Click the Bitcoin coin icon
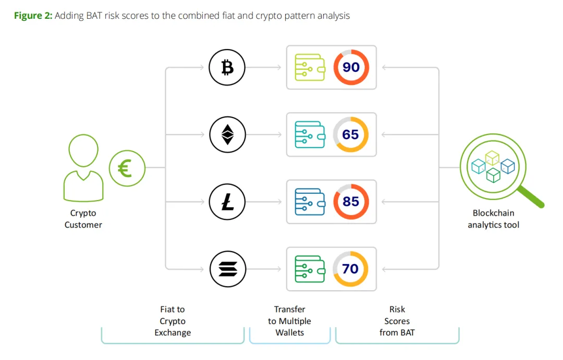point(227,67)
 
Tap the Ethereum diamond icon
point(227,134)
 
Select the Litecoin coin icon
point(227,202)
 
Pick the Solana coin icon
point(227,269)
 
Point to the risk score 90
point(351,67)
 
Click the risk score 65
point(351,134)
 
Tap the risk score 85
point(351,202)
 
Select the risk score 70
point(351,269)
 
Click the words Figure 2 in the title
point(32,16)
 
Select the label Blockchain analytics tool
point(493,219)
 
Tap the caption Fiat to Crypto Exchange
point(173,321)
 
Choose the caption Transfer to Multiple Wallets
point(289,321)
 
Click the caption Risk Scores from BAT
point(397,321)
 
